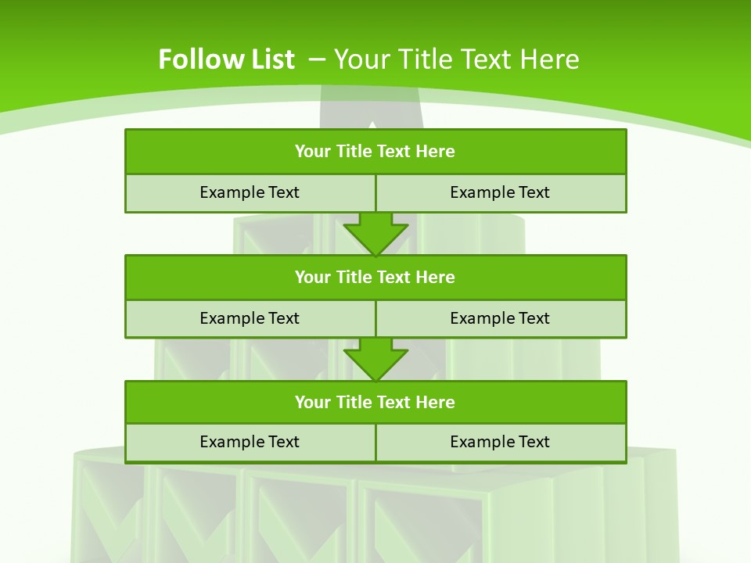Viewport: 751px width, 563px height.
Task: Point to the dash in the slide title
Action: click(x=317, y=58)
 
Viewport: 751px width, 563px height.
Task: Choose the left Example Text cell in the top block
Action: click(x=250, y=192)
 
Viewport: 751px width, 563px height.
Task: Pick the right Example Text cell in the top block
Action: click(x=500, y=192)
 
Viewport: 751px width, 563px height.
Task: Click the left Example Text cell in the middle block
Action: click(x=250, y=318)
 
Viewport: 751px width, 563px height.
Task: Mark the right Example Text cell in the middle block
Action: click(x=500, y=318)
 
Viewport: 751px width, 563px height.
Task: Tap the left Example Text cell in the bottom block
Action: click(x=250, y=442)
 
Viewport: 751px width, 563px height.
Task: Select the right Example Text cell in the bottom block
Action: click(x=500, y=442)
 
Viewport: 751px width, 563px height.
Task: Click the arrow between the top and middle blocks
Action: click(x=375, y=232)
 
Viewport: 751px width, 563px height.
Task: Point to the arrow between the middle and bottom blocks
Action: click(x=375, y=358)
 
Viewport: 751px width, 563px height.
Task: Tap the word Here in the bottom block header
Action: click(x=436, y=403)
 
